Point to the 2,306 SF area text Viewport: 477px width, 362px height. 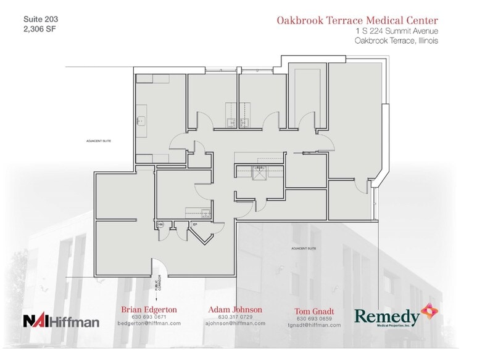coord(39,28)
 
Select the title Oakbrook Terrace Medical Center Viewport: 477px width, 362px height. coord(357,20)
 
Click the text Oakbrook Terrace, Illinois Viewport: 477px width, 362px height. coord(396,41)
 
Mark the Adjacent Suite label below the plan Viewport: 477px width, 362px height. coord(303,248)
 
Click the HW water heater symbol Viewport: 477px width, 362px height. coord(160,225)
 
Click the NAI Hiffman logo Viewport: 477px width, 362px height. coord(60,321)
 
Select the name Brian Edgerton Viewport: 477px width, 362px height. coord(149,309)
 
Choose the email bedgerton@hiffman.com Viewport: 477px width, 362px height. coord(149,323)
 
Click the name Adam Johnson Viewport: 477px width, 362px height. coord(235,309)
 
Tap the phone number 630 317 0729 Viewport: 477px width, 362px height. coord(235,316)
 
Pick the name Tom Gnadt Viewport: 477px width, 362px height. coord(314,311)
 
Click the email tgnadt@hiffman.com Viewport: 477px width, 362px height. coord(314,325)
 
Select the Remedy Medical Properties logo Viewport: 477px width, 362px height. coord(394,316)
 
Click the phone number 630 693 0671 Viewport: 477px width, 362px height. coord(149,316)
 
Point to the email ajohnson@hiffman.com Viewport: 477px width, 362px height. coord(235,323)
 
